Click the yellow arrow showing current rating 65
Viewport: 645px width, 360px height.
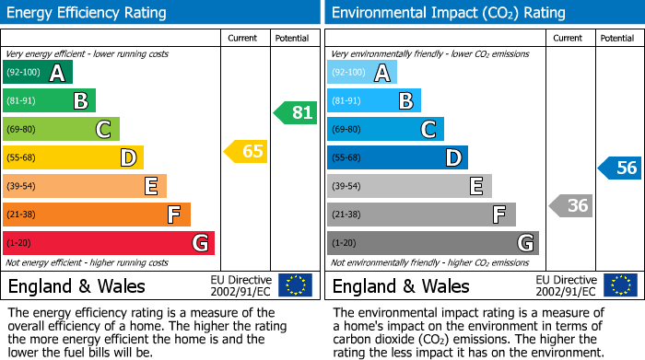point(247,152)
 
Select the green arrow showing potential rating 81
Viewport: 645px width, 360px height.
point(296,113)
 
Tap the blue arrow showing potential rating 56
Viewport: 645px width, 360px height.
point(621,168)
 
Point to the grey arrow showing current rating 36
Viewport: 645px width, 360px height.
point(571,205)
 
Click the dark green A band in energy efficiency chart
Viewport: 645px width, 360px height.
point(38,73)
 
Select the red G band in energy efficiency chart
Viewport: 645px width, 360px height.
point(109,243)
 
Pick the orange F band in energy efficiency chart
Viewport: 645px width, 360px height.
point(97,215)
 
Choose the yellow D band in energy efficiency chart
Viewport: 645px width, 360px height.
point(73,157)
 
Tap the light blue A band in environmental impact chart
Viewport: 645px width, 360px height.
point(362,73)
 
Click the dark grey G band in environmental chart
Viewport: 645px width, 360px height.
point(433,243)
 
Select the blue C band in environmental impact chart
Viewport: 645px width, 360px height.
point(385,129)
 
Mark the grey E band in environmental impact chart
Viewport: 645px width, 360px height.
point(409,186)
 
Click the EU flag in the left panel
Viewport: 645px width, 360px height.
point(296,285)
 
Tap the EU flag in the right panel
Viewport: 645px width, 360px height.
point(620,285)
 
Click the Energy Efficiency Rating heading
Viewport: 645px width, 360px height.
point(88,13)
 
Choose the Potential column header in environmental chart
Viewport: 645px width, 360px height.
point(617,38)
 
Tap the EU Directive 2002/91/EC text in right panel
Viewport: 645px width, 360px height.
point(566,285)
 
